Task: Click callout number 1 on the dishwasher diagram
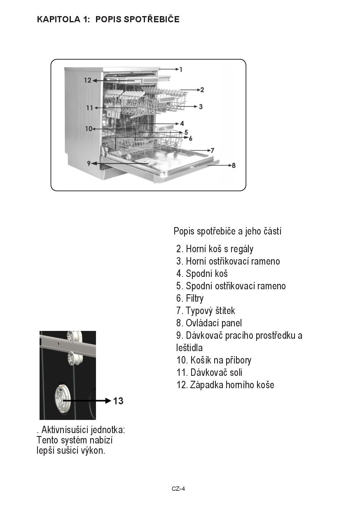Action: pyautogui.click(x=180, y=70)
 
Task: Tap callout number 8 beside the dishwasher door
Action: pyautogui.click(x=234, y=166)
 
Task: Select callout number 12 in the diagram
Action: pyautogui.click(x=87, y=80)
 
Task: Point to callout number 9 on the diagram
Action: pyautogui.click(x=89, y=163)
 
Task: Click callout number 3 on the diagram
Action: pyautogui.click(x=201, y=107)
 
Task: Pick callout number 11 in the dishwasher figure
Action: pyautogui.click(x=89, y=108)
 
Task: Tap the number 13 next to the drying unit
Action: pyautogui.click(x=118, y=401)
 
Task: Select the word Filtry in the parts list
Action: pyautogui.click(x=194, y=298)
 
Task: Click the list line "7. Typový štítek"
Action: pyautogui.click(x=206, y=311)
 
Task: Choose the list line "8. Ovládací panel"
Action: pyautogui.click(x=209, y=323)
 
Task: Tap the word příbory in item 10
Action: pyautogui.click(x=237, y=360)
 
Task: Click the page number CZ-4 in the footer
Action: pyautogui.click(x=178, y=489)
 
